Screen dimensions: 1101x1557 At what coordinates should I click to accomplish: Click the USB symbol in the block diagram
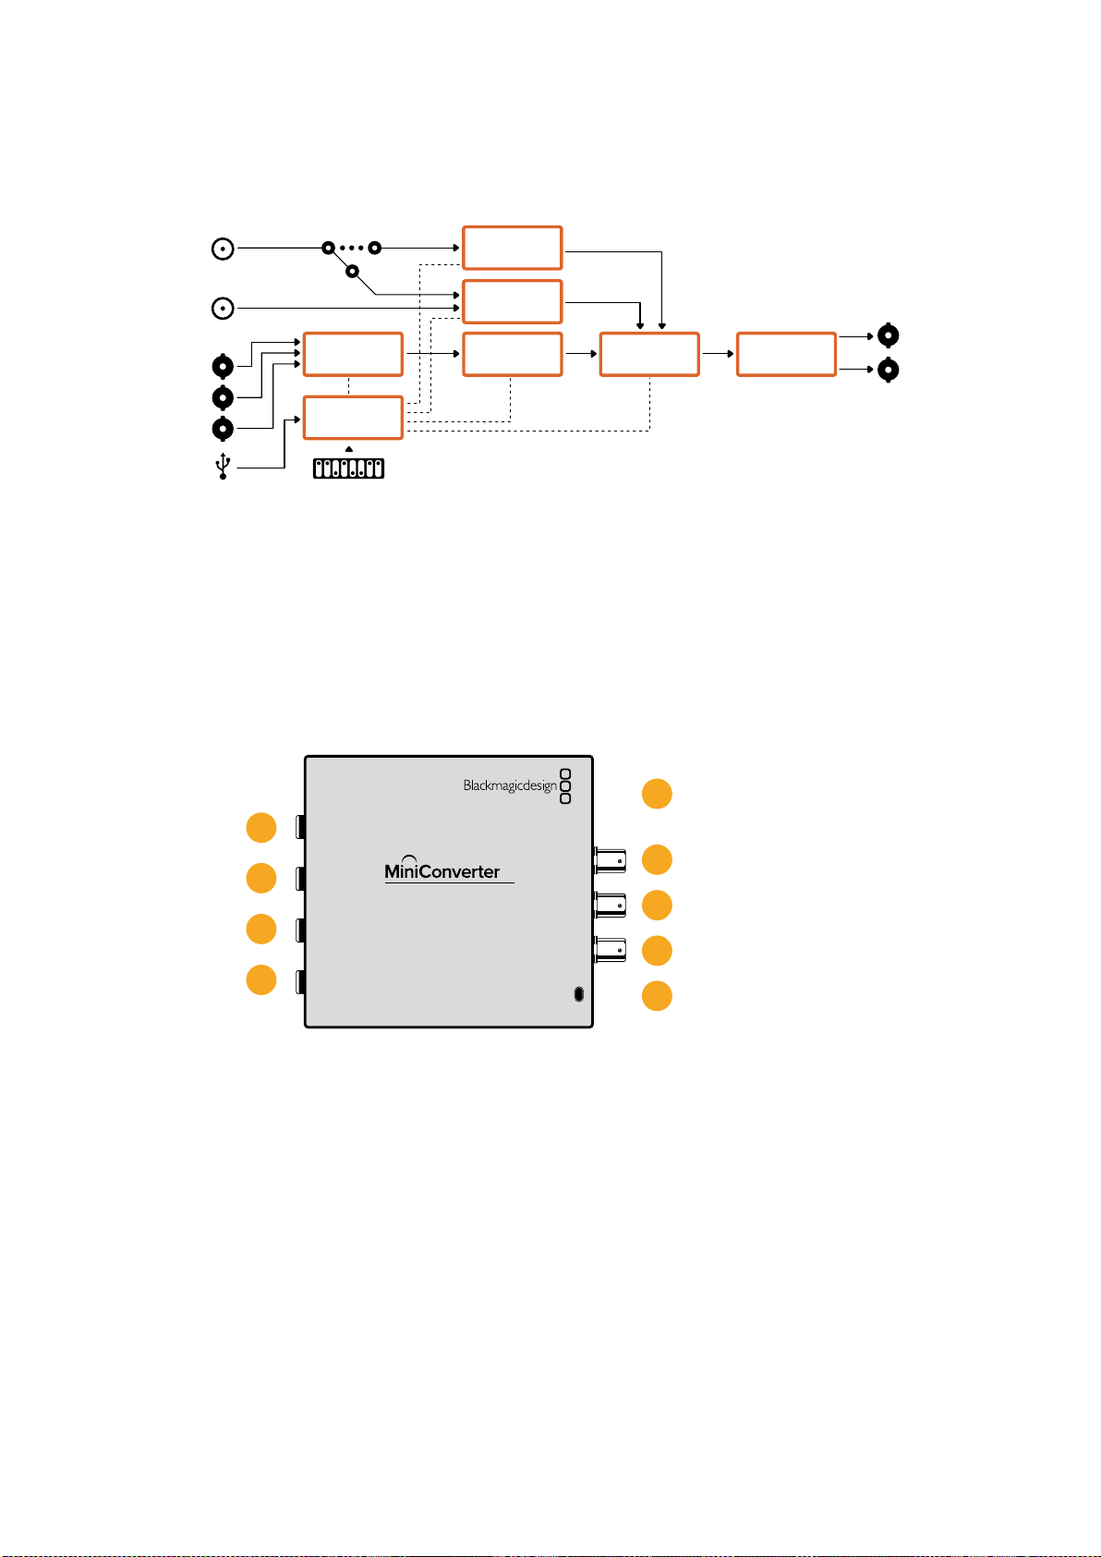click(x=223, y=466)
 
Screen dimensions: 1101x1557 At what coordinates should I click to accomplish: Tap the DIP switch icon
click(x=349, y=468)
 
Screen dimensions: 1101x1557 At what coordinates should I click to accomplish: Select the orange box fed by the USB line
click(x=353, y=418)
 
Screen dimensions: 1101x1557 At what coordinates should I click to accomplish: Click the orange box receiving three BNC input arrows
click(x=353, y=355)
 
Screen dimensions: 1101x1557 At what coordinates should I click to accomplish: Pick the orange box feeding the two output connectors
click(x=786, y=355)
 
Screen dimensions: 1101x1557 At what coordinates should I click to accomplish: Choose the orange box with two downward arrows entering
click(x=649, y=355)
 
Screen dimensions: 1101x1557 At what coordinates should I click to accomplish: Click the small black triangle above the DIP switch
click(x=349, y=449)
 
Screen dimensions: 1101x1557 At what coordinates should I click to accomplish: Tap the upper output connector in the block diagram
click(x=888, y=335)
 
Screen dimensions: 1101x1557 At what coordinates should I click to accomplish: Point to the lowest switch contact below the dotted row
click(x=352, y=271)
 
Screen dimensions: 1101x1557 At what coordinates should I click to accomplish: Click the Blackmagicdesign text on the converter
click(x=510, y=785)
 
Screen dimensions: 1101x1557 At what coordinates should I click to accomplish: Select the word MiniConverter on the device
click(x=442, y=871)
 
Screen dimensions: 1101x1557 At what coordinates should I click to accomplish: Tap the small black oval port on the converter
click(x=578, y=994)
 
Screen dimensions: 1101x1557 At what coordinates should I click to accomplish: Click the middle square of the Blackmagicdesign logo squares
click(x=565, y=786)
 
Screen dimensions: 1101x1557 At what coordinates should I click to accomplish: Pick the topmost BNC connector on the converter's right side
click(x=610, y=860)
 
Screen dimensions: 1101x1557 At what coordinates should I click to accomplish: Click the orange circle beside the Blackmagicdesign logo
click(x=657, y=794)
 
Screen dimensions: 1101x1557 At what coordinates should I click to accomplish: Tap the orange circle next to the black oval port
click(x=657, y=996)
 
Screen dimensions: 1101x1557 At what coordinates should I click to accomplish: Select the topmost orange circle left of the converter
click(x=261, y=827)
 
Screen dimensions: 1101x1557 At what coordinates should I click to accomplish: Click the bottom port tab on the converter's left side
click(x=301, y=982)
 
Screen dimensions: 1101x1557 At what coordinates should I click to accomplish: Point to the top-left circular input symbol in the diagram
click(x=223, y=249)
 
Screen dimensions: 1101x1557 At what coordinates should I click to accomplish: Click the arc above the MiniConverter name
click(x=409, y=858)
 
